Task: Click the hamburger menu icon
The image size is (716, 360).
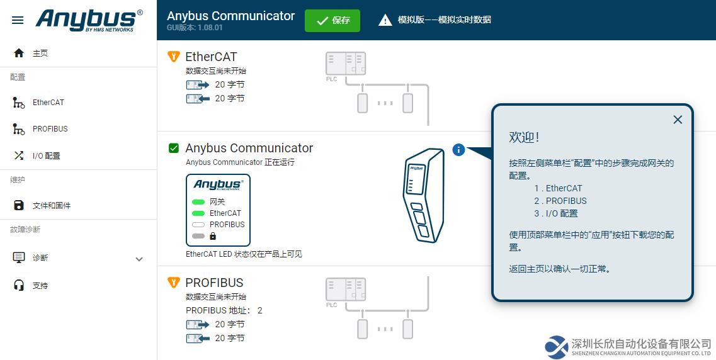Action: pos(18,21)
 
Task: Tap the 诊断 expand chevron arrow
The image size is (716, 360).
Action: pos(139,259)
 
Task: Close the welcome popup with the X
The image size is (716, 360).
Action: pos(678,120)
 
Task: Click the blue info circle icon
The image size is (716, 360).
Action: pos(458,149)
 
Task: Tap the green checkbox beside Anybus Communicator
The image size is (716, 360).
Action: pos(174,148)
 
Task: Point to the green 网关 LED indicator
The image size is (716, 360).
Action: pos(198,201)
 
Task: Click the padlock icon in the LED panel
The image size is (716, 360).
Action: pos(213,236)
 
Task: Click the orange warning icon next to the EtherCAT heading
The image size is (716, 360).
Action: pos(174,57)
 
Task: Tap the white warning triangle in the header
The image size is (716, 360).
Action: pos(385,20)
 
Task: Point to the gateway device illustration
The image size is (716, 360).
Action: pos(424,195)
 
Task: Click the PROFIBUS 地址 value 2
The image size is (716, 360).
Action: pos(260,311)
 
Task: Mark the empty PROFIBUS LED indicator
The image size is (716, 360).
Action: pos(198,225)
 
